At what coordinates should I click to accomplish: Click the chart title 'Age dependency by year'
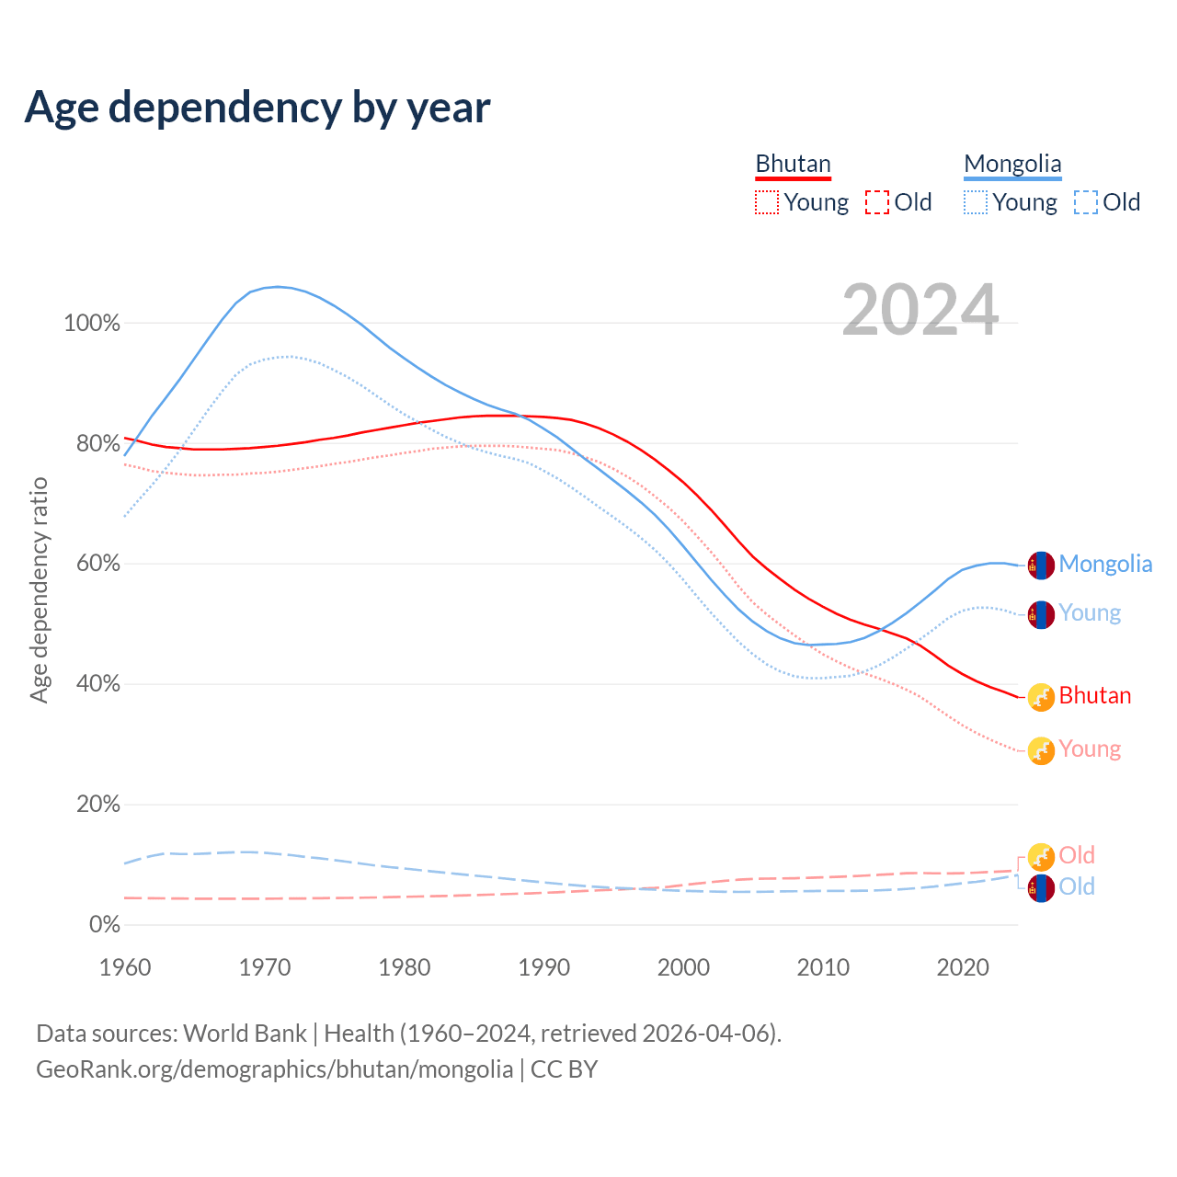click(257, 108)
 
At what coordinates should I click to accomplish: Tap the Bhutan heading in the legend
click(793, 164)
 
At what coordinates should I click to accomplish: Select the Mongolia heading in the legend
click(1012, 164)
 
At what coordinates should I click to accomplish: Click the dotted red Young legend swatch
click(767, 202)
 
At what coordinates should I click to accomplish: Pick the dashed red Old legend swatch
click(877, 202)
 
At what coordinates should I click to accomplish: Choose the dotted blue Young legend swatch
click(976, 202)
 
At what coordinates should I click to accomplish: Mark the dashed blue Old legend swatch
click(1086, 202)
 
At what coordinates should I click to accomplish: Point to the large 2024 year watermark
click(920, 311)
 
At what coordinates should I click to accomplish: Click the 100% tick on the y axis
click(92, 323)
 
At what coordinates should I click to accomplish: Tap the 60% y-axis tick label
click(97, 564)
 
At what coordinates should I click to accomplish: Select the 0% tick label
click(104, 924)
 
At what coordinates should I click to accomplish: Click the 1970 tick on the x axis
click(265, 967)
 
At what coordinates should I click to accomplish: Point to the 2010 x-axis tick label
click(823, 967)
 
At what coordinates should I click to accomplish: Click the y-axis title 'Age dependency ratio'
click(39, 589)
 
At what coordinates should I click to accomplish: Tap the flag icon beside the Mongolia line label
click(1040, 566)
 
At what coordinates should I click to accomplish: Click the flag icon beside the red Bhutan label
click(1040, 697)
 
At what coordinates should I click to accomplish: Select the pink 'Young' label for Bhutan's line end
click(1090, 748)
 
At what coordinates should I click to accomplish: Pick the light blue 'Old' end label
click(1077, 886)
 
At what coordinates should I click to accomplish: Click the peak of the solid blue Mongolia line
click(278, 287)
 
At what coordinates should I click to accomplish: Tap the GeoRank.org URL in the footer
click(274, 1069)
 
